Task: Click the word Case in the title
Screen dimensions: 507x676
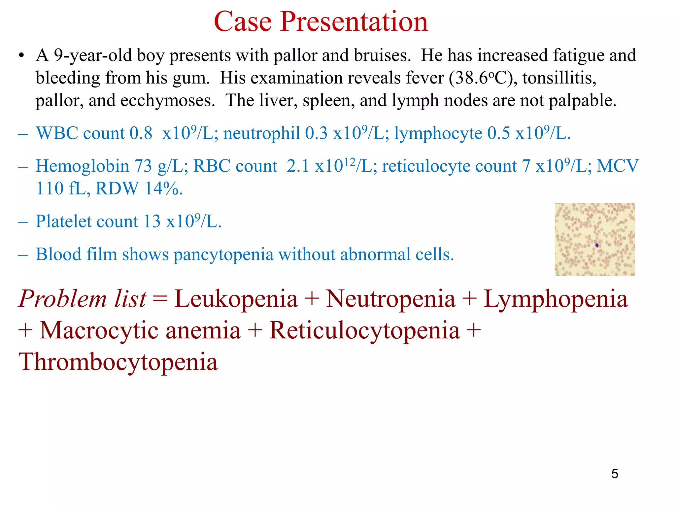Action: coord(243,22)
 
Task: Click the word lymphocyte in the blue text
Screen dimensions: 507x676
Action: coord(438,133)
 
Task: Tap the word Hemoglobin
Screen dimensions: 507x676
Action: coord(82,166)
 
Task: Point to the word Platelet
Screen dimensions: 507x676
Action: coord(87,221)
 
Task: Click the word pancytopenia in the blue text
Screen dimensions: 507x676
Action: coord(223,255)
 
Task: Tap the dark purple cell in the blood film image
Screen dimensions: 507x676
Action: coord(597,245)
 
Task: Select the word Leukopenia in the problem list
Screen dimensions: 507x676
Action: coord(236,299)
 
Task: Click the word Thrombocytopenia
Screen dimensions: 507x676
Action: coord(118,362)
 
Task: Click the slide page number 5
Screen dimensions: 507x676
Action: coord(615,474)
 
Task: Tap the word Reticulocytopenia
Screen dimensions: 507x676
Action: coord(364,330)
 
